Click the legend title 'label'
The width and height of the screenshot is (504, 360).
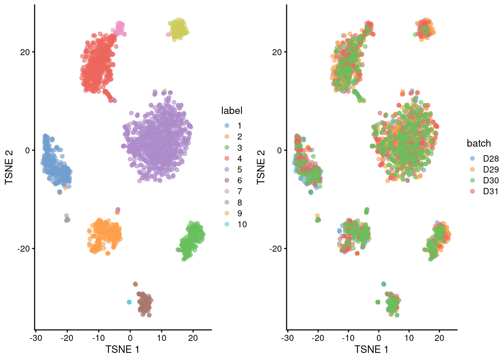point(232,111)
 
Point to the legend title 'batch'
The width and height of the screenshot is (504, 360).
point(478,143)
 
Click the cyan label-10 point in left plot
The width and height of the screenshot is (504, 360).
point(129,302)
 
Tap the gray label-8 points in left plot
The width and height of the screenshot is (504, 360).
point(67,219)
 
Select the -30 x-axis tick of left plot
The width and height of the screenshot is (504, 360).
point(36,338)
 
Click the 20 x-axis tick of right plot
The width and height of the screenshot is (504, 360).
point(439,338)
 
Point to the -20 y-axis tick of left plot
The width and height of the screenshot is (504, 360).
point(23,249)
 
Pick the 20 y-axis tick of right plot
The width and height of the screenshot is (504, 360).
point(277,52)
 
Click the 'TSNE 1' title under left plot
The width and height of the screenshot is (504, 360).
point(122,350)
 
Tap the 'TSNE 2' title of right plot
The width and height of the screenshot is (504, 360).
point(261,167)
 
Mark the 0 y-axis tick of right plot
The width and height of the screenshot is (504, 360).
point(279,150)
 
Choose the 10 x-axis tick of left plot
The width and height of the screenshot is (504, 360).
point(162,338)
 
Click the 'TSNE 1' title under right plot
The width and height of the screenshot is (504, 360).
point(371,350)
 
